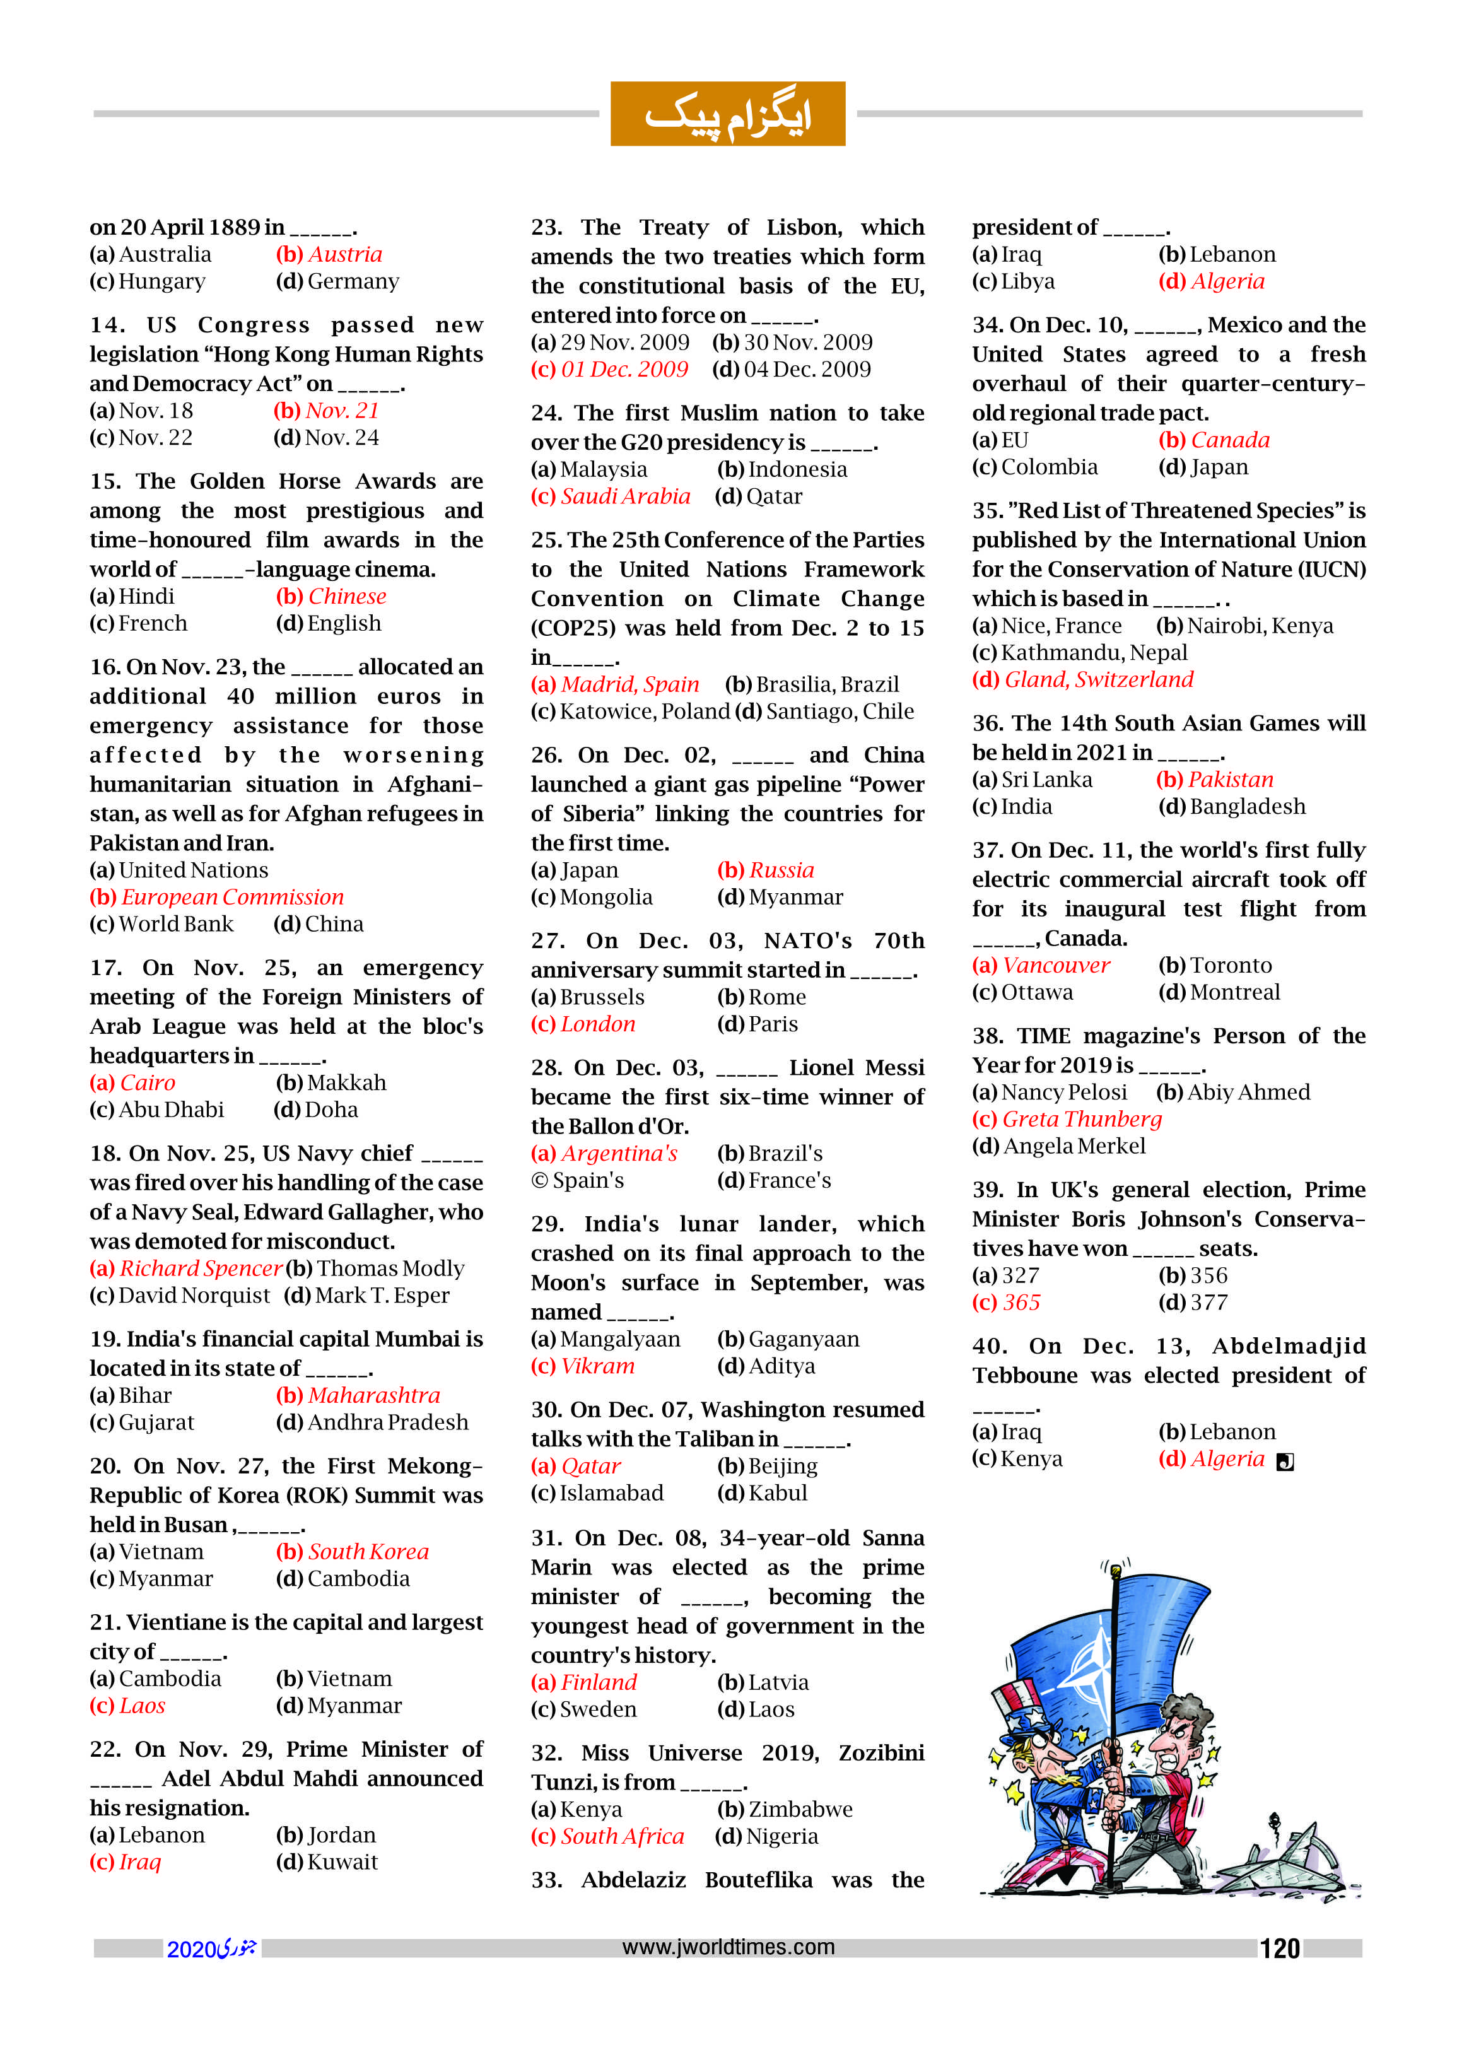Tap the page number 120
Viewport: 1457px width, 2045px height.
click(1279, 1948)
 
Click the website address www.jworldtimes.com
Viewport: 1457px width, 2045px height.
click(728, 1947)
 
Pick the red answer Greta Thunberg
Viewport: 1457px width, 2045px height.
click(1081, 1119)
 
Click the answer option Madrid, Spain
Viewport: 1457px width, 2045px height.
click(630, 684)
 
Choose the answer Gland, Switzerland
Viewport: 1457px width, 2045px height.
click(1098, 679)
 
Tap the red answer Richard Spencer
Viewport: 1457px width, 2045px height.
click(201, 1268)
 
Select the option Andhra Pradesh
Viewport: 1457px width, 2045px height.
click(387, 1422)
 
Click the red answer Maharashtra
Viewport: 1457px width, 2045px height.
click(374, 1395)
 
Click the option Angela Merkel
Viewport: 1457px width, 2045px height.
click(1074, 1146)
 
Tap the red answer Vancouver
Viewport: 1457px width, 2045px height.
click(1056, 966)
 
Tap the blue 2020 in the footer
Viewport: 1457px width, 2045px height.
click(191, 1949)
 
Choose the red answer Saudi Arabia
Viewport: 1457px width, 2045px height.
click(625, 496)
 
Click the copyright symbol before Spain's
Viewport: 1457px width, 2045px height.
click(539, 1181)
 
